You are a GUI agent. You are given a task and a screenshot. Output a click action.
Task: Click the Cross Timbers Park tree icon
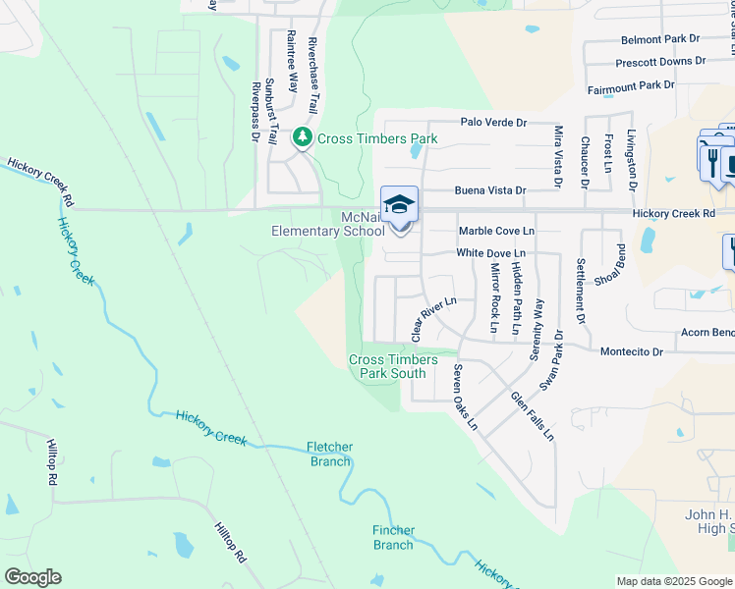tap(304, 137)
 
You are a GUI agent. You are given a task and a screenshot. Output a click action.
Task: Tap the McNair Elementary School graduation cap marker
tap(400, 206)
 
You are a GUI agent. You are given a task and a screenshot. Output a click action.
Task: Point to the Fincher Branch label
tap(393, 538)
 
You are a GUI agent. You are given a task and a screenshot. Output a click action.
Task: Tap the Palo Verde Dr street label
tap(494, 123)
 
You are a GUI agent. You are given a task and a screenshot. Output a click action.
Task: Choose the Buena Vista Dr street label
tap(489, 190)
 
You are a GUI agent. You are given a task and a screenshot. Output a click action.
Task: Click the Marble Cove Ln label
tap(496, 231)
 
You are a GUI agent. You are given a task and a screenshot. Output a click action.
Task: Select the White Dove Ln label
tap(492, 253)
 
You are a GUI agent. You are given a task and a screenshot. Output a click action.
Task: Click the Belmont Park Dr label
tap(660, 39)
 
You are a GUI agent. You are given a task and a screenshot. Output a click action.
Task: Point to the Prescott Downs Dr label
tap(660, 61)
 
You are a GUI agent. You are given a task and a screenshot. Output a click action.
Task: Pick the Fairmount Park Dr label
tap(631, 86)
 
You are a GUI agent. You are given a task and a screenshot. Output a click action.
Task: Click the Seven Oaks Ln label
tap(464, 398)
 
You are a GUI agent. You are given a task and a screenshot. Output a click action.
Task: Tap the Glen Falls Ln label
tap(532, 415)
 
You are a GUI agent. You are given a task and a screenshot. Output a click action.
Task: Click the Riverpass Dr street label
tap(254, 110)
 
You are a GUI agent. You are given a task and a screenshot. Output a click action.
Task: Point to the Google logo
tap(32, 577)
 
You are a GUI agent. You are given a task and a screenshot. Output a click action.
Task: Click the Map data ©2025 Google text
tap(674, 581)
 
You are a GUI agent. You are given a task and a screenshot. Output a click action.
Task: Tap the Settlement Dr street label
tap(581, 291)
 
